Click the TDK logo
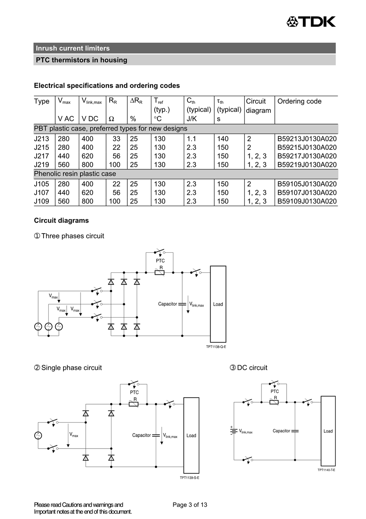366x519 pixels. coord(311,22)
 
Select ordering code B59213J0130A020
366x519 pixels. coord(307,139)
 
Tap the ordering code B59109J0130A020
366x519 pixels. coord(307,201)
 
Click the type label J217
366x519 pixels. coord(41,156)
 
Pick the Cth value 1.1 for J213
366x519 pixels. coord(191,139)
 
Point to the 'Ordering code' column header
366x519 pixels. coord(299,101)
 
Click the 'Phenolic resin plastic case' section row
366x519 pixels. coord(75,174)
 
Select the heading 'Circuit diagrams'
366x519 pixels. coord(61,220)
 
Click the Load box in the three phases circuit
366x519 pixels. coord(218,304)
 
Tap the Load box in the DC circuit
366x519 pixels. coord(328,431)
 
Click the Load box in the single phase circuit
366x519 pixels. coord(191,436)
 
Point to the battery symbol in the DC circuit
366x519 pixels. coord(234,431)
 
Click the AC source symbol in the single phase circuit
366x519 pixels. coord(38,436)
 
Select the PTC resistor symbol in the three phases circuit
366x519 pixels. coord(159,272)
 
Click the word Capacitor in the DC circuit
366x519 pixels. coord(281,431)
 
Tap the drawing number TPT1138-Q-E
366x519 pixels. coord(216,347)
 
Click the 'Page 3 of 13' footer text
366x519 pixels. coord(190,505)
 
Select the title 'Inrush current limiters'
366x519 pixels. coord(73,48)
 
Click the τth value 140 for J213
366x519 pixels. coord(222,139)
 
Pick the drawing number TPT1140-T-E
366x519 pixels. coord(326,470)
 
